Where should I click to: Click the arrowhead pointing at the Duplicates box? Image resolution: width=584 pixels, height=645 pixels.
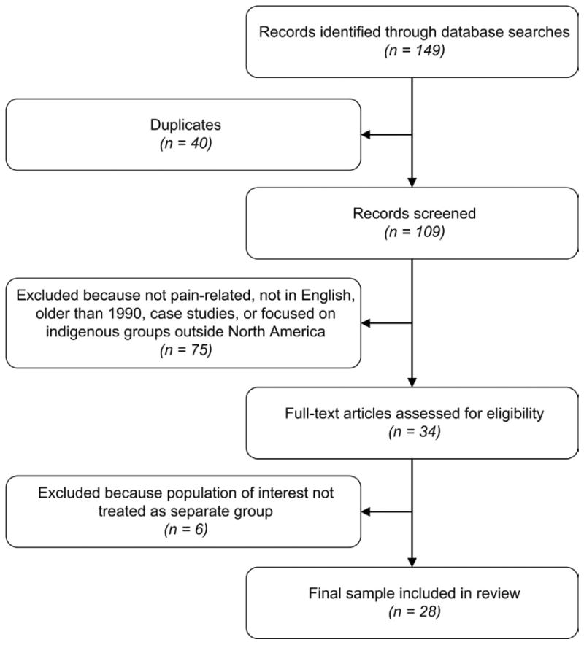pyautogui.click(x=368, y=134)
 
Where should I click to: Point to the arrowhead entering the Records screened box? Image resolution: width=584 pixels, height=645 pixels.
pyautogui.click(x=412, y=183)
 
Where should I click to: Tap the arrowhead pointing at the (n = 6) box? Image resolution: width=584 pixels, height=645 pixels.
pyautogui.click(x=368, y=512)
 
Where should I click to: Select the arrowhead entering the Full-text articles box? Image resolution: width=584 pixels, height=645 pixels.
pyautogui.click(x=412, y=382)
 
